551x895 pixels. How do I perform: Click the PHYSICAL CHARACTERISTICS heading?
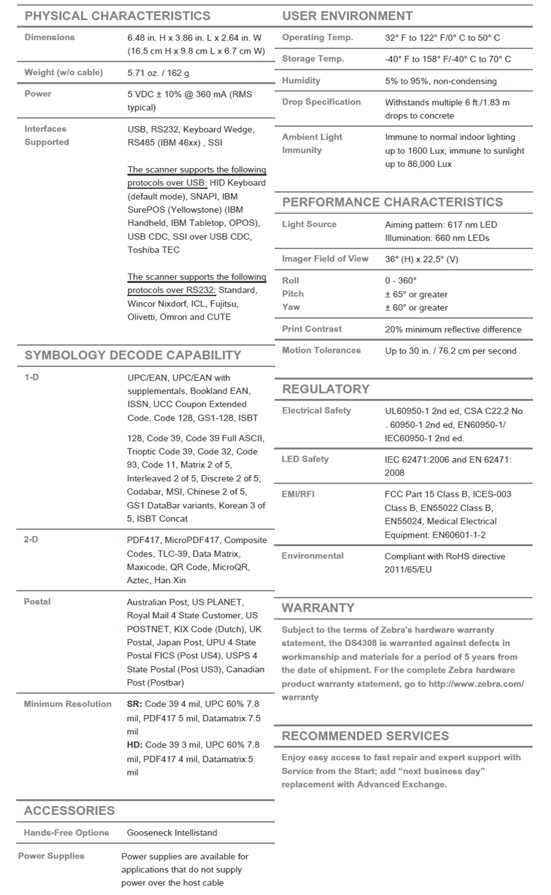pyautogui.click(x=117, y=16)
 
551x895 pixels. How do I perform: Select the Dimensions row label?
pyautogui.click(x=49, y=37)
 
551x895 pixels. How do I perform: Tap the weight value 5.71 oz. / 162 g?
pyautogui.click(x=158, y=73)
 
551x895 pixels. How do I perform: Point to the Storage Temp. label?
pyautogui.click(x=313, y=59)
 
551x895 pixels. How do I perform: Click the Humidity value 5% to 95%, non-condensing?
pyautogui.click(x=441, y=81)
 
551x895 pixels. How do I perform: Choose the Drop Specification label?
pyautogui.click(x=321, y=102)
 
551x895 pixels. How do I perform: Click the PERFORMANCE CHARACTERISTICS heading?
pyautogui.click(x=392, y=202)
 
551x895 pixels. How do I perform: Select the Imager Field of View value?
pyautogui.click(x=422, y=260)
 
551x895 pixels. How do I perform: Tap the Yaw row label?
pyautogui.click(x=291, y=307)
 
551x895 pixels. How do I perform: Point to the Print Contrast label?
pyautogui.click(x=312, y=329)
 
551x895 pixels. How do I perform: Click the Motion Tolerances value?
pyautogui.click(x=451, y=351)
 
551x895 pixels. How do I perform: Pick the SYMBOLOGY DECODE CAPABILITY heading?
pyautogui.click(x=133, y=355)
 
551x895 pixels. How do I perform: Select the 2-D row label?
pyautogui.click(x=31, y=540)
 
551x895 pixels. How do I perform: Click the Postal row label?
pyautogui.click(x=37, y=601)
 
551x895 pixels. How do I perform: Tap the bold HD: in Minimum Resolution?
pyautogui.click(x=134, y=745)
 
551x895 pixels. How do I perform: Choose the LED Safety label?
pyautogui.click(x=305, y=459)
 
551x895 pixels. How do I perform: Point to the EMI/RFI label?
pyautogui.click(x=298, y=494)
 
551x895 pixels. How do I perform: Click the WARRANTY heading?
pyautogui.click(x=318, y=608)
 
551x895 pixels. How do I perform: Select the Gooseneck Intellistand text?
pyautogui.click(x=172, y=832)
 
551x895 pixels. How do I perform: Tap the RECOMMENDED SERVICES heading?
pyautogui.click(x=365, y=736)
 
